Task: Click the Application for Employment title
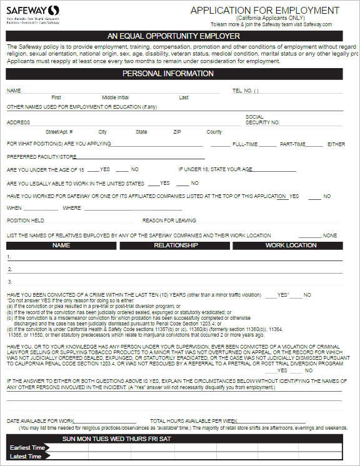click(264, 11)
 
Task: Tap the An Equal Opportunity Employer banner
click(174, 36)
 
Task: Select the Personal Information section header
click(167, 74)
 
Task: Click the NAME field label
click(14, 91)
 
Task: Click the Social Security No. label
click(262, 120)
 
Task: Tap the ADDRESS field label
click(18, 122)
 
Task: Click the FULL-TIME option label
click(245, 144)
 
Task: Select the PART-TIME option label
click(292, 144)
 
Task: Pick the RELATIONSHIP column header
click(176, 245)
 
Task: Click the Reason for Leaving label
click(169, 221)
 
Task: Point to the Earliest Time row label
click(27, 448)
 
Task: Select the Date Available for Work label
click(41, 421)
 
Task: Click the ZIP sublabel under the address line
click(177, 132)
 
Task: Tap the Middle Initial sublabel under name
click(115, 98)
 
